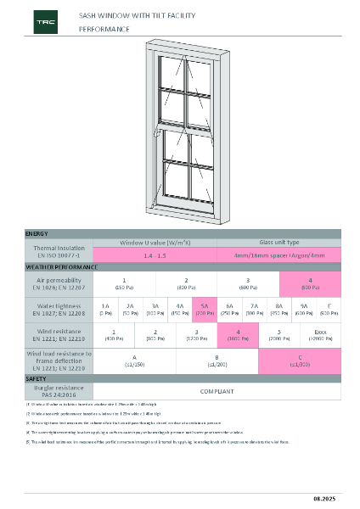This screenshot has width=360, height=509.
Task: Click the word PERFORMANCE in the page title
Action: [104, 29]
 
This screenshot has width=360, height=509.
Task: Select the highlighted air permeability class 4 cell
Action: [310, 282]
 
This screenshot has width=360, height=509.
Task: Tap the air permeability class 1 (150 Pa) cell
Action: [124, 282]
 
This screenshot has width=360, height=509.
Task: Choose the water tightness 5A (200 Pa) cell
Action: [205, 309]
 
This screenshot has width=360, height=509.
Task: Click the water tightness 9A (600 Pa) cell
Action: [304, 309]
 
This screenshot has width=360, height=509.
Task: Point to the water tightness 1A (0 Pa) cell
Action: [105, 309]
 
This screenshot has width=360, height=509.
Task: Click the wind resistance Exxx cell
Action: [320, 335]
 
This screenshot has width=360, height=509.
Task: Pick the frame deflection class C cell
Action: [300, 361]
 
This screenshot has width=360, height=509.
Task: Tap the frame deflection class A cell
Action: [134, 361]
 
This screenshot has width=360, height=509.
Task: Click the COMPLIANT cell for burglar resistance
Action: [217, 392]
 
